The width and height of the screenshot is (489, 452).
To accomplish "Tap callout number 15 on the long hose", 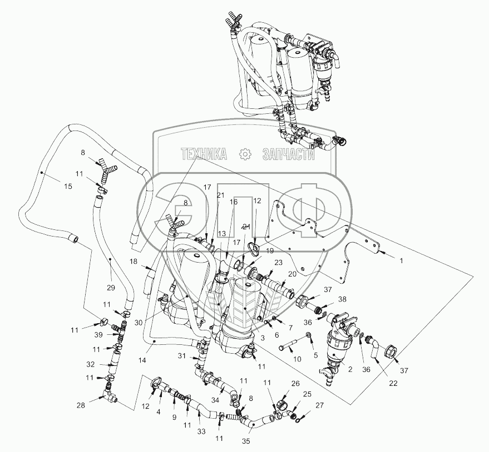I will pos(68,187).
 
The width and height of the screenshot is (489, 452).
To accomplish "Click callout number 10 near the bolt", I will pos(297,359).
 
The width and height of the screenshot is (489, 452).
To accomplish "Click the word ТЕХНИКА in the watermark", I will pos(203,154).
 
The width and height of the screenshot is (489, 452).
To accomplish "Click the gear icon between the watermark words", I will pos(244,154).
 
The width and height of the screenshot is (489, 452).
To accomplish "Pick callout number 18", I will pos(134,260).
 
